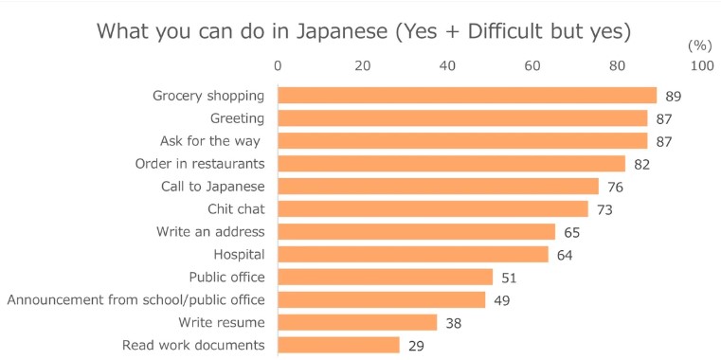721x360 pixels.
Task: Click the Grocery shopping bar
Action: [x=466, y=96]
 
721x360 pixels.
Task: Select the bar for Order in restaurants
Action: [x=451, y=164]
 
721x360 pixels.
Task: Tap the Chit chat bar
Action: [x=432, y=209]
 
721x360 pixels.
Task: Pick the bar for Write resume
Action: [x=357, y=322]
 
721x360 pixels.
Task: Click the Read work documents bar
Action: [x=338, y=345]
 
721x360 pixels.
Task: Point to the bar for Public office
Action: [x=385, y=277]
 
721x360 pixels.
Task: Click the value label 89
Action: [x=673, y=97]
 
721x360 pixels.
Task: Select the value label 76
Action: [x=616, y=187]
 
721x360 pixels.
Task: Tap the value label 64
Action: [x=565, y=255]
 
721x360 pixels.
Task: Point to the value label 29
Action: [x=416, y=345]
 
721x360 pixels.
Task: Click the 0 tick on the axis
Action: [x=278, y=66]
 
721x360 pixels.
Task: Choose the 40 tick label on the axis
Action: [x=447, y=66]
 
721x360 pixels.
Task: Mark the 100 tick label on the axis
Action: [x=702, y=66]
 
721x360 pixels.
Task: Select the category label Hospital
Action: [x=239, y=255]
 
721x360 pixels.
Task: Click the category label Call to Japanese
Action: [x=212, y=187]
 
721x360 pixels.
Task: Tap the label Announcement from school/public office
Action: [x=135, y=299]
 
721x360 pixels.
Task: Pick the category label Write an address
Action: [x=210, y=232]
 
